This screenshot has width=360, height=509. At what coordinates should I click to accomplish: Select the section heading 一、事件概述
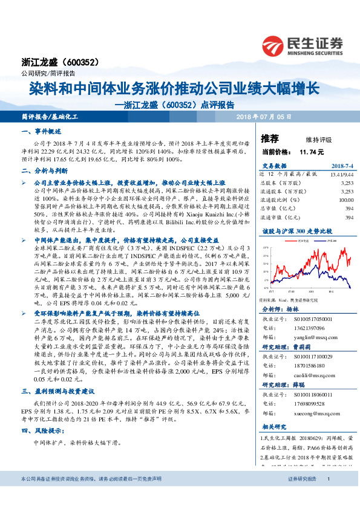pyautogui.click(x=40, y=131)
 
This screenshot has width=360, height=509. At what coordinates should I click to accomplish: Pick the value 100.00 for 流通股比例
pyautogui.click(x=345, y=199)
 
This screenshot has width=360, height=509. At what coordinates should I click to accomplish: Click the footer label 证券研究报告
pyautogui.click(x=302, y=495)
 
